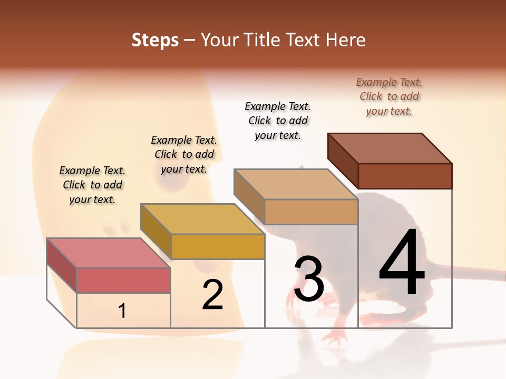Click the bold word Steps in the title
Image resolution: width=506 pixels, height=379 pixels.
pos(155,40)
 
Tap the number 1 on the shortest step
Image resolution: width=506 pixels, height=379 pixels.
pos(122,311)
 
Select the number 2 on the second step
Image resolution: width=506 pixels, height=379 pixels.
pos(212,295)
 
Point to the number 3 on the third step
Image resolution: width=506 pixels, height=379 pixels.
pos(309,279)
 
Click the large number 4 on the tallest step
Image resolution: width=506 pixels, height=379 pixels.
pos(402,263)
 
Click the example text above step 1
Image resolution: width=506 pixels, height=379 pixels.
pos(92,185)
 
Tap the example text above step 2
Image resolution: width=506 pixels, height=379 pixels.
pos(184,154)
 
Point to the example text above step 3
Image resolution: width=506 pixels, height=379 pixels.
pos(278,121)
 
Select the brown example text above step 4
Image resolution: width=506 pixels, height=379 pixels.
pos(389,96)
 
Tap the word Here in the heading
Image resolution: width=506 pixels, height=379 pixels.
pos(346,40)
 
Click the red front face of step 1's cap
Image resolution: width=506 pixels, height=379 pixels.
pos(123,280)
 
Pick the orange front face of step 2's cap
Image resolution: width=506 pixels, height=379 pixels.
pos(218,246)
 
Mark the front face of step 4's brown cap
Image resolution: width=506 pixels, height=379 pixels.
pos(405,176)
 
